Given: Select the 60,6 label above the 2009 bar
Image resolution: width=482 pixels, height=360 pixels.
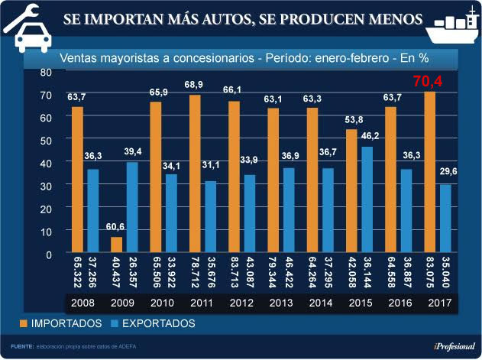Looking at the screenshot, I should pos(115,228).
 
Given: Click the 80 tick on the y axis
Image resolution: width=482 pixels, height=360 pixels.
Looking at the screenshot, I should pos(46,72).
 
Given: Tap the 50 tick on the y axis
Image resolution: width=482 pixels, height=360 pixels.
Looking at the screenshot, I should pos(46,140).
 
